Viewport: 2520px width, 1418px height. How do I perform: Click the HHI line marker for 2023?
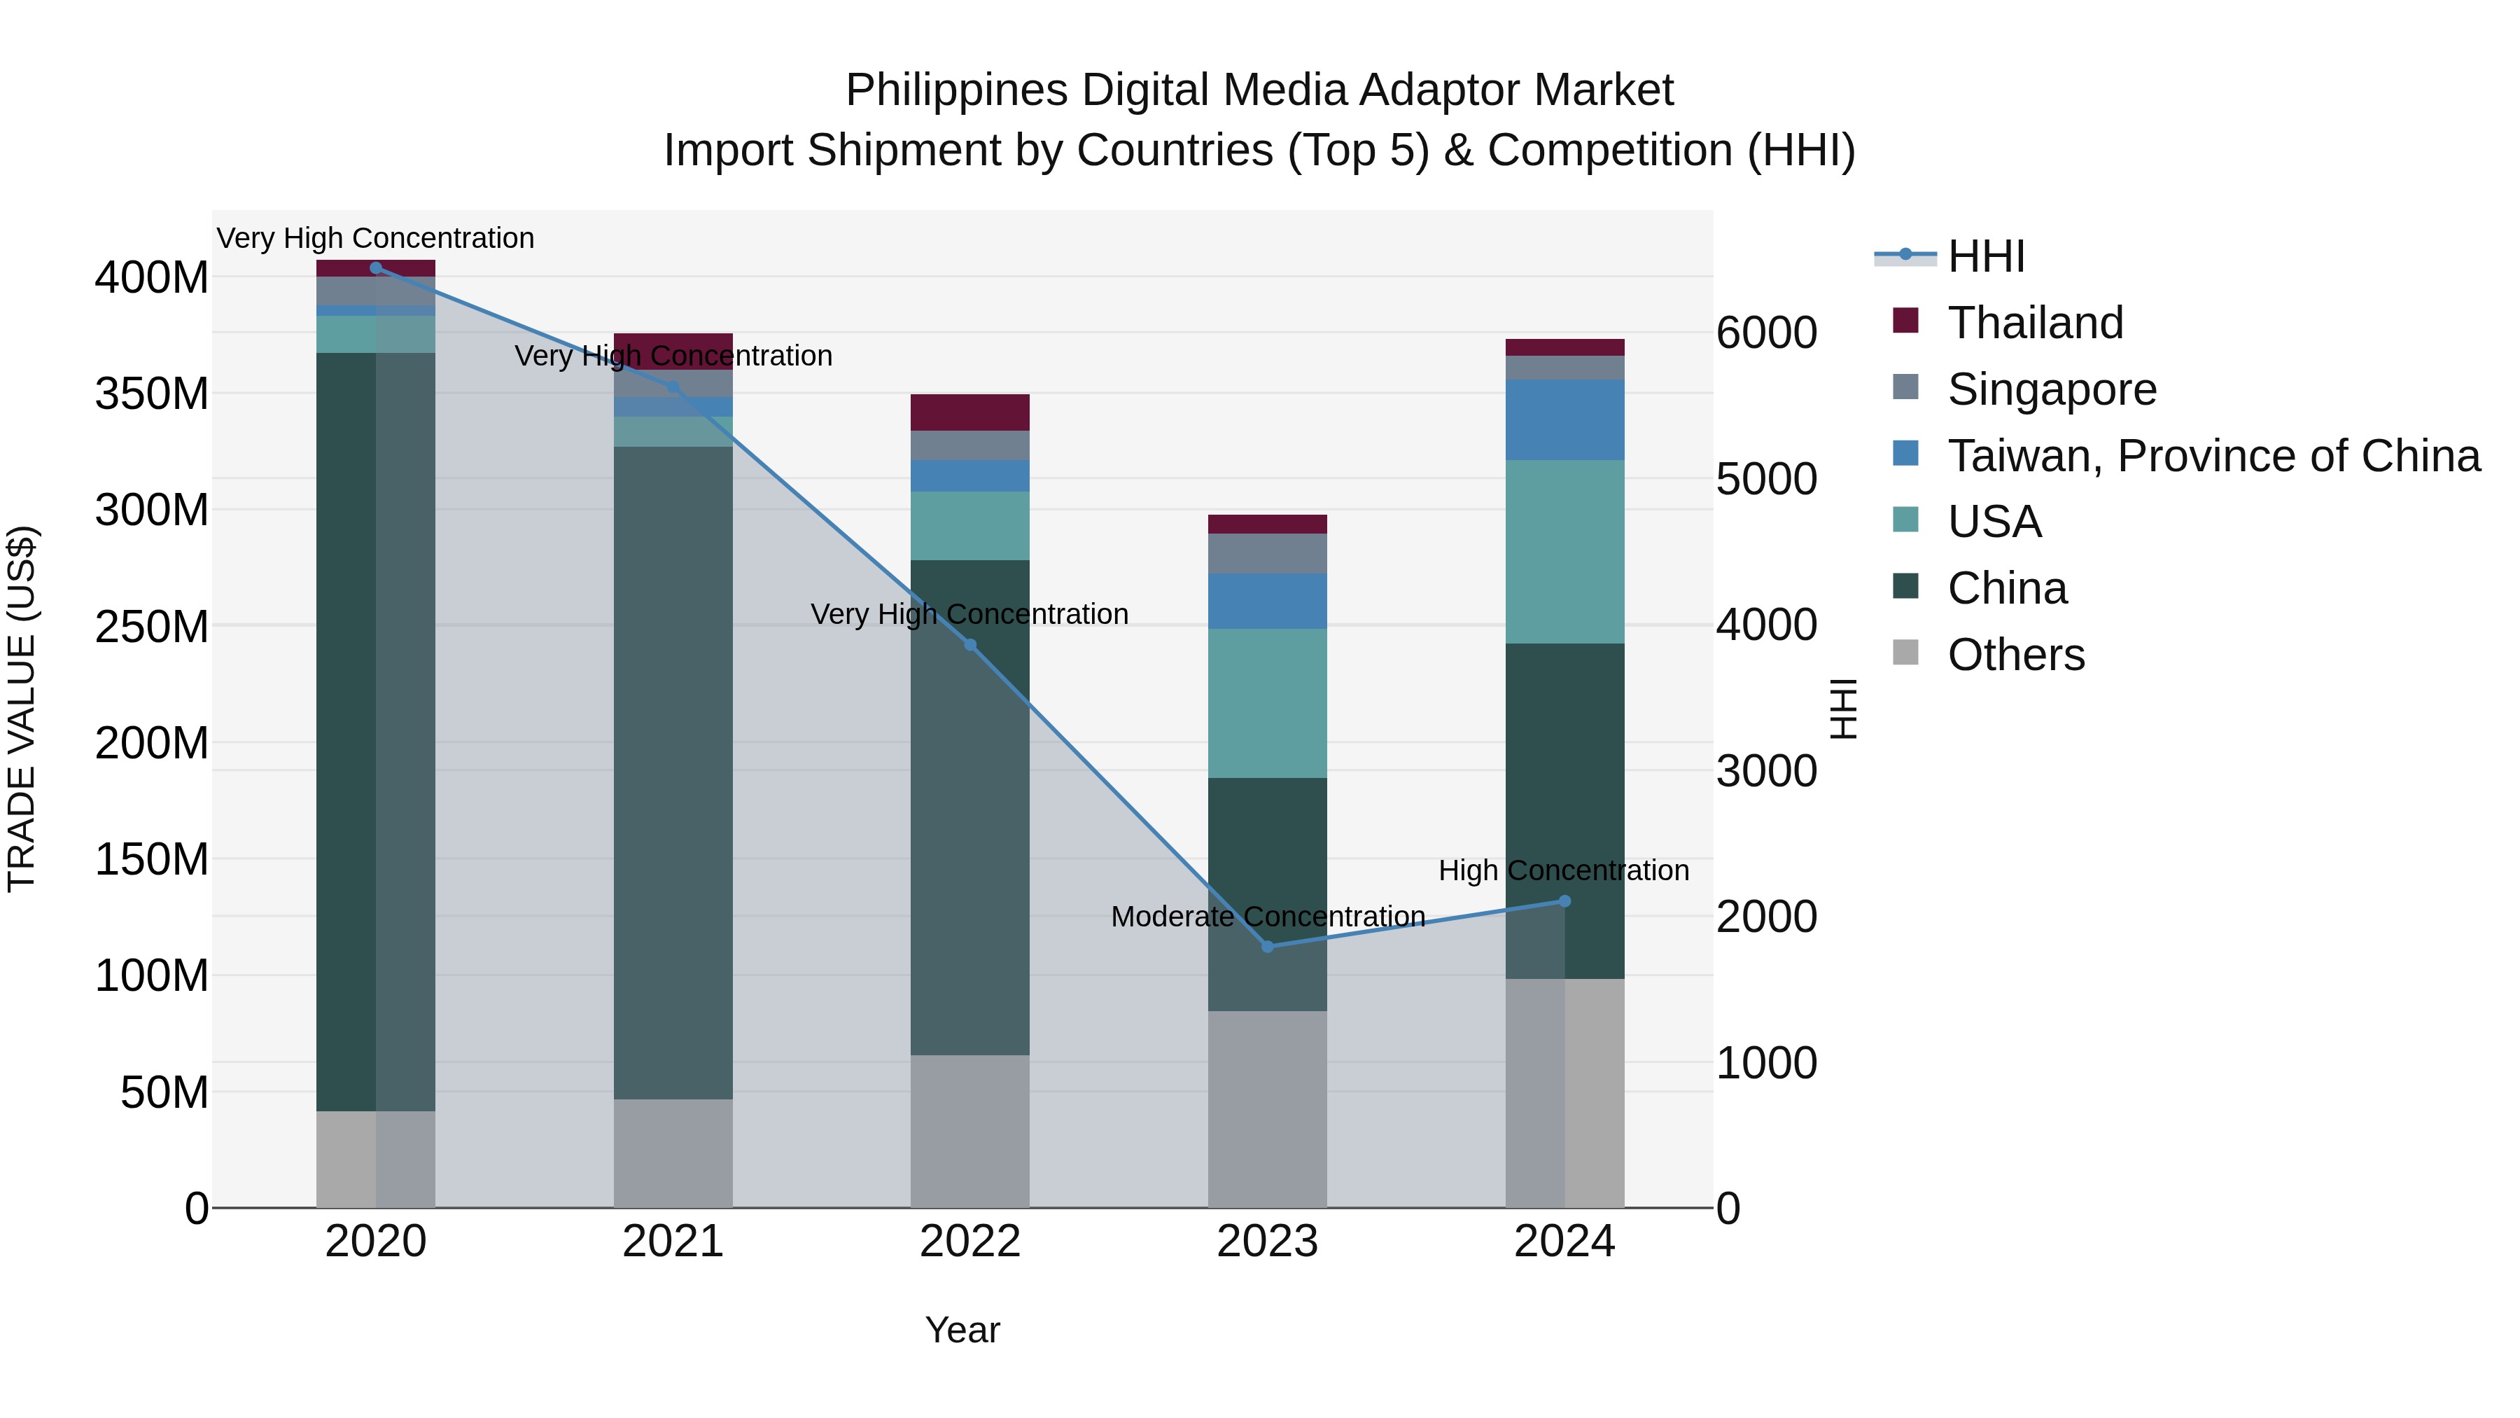[x=1268, y=946]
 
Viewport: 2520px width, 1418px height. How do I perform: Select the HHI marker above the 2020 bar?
[x=376, y=268]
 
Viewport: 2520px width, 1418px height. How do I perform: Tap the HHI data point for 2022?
[x=970, y=645]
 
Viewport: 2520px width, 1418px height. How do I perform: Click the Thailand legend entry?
[x=2035, y=323]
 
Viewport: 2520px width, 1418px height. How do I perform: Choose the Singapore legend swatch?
[x=1905, y=387]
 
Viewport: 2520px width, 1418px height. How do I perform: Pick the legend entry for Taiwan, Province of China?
[x=2213, y=456]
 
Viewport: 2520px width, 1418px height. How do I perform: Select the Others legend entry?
[x=2015, y=655]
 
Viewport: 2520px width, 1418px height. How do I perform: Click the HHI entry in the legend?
[x=1986, y=256]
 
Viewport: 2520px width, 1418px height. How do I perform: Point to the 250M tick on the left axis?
[x=152, y=626]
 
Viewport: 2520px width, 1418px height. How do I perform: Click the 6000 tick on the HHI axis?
[x=1767, y=333]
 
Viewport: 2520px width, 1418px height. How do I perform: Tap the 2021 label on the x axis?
[x=673, y=1242]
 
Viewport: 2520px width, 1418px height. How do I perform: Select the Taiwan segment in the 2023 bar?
[x=1268, y=601]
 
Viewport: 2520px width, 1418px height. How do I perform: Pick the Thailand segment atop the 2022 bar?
[x=970, y=412]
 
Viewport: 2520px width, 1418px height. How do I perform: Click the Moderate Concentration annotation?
[x=1268, y=917]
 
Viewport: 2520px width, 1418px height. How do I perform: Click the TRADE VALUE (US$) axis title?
[x=22, y=709]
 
